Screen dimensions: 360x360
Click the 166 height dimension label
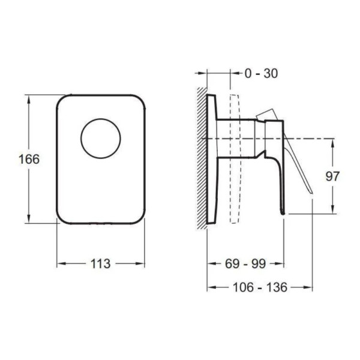29,159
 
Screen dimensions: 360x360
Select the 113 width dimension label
101,263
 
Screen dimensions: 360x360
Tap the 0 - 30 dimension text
261,73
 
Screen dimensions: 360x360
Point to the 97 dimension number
332,176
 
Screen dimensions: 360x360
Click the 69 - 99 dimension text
245,263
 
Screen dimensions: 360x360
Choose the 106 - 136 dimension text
260,287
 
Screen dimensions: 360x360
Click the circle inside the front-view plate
101,119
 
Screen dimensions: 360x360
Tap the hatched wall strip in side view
202,158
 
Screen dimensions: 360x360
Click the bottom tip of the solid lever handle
283,214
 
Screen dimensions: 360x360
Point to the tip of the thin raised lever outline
311,192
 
